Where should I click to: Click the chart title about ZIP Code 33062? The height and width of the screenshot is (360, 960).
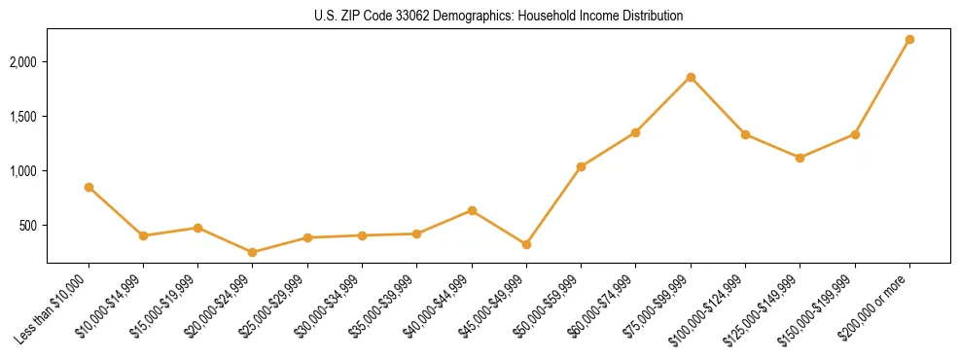click(499, 16)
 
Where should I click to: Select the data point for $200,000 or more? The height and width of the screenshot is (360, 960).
click(909, 40)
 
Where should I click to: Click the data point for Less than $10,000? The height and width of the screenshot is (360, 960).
click(89, 187)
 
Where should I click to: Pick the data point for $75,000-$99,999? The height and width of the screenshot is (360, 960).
click(691, 77)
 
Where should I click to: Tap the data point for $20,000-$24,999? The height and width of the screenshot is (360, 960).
click(253, 252)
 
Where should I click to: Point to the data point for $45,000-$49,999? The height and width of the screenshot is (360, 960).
click(526, 244)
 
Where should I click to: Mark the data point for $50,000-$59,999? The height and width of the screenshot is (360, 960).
click(581, 166)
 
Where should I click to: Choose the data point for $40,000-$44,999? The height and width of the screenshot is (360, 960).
click(472, 210)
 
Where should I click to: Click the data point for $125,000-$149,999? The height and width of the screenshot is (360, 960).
click(800, 158)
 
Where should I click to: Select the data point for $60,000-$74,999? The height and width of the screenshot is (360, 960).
click(635, 132)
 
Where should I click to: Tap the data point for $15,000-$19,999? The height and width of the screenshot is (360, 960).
click(197, 228)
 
